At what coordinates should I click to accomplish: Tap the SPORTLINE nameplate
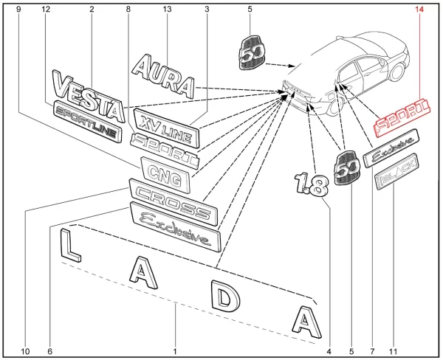pyautogui.click(x=87, y=122)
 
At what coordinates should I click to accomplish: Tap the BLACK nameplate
pyautogui.click(x=396, y=173)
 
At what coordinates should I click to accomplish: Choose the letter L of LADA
pyautogui.click(x=67, y=242)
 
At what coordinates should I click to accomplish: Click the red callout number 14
pyautogui.click(x=421, y=10)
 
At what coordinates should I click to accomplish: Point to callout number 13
pyautogui.click(x=167, y=10)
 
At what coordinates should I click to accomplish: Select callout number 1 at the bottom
pyautogui.click(x=175, y=350)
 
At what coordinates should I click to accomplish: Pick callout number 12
pyautogui.click(x=47, y=10)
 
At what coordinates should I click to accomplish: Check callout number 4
pyautogui.click(x=328, y=350)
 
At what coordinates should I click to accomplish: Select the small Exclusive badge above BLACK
pyautogui.click(x=392, y=144)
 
